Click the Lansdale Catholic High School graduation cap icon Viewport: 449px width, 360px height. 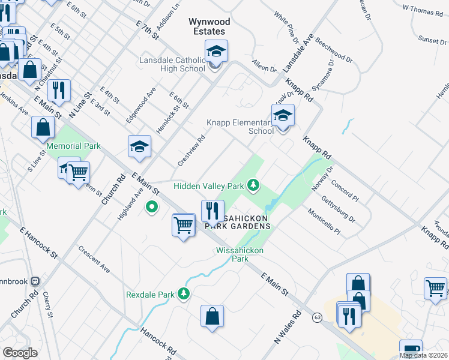tap(216, 52)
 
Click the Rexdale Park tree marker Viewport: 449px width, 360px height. tap(184, 294)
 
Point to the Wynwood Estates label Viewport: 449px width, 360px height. tap(209, 26)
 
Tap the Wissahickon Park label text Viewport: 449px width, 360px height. tap(240, 254)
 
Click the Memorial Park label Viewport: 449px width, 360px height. tap(74, 146)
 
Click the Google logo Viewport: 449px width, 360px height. tap(20, 353)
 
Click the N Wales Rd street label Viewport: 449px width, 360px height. tap(288, 327)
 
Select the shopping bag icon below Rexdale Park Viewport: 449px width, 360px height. tap(212, 317)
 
